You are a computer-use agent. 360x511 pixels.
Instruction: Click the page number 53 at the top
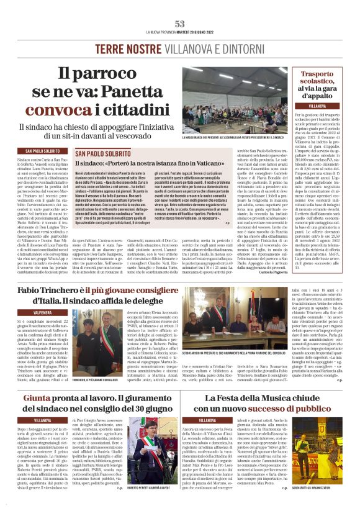[180, 24]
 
